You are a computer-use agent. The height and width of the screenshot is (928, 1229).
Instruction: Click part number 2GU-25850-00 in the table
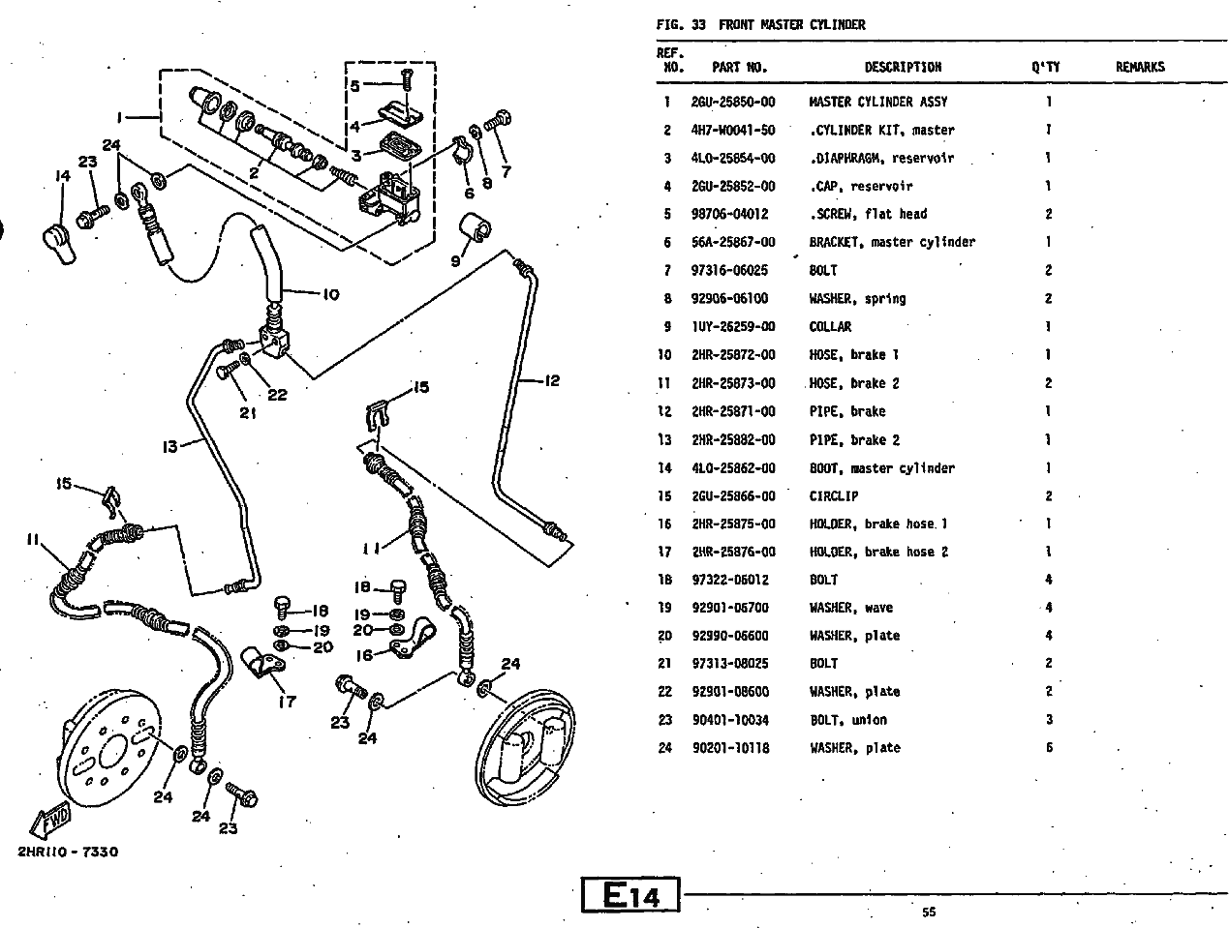coord(732,102)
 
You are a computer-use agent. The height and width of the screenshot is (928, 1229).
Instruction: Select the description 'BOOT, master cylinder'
coord(881,468)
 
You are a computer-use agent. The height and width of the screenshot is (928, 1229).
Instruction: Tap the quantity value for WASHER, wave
coord(1048,608)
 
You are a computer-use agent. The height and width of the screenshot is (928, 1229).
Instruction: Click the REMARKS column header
coord(1140,67)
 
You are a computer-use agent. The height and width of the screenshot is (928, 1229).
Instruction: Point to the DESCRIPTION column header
coord(903,67)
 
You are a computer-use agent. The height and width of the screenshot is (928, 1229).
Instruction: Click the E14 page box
coord(630,896)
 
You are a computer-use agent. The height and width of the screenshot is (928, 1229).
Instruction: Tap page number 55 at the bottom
coord(929,912)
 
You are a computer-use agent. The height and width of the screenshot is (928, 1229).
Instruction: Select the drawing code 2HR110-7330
coord(67,852)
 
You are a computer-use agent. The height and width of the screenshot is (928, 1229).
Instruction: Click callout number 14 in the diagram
coord(63,176)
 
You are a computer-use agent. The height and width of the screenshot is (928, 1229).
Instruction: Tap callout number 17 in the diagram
coord(287,702)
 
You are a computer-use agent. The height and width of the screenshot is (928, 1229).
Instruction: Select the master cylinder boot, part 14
coord(58,242)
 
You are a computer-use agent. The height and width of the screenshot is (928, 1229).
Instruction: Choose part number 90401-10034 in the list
coord(732,720)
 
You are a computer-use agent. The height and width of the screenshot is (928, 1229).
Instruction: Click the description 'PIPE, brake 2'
coord(854,440)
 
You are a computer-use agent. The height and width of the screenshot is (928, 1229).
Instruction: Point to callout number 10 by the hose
coord(331,293)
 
